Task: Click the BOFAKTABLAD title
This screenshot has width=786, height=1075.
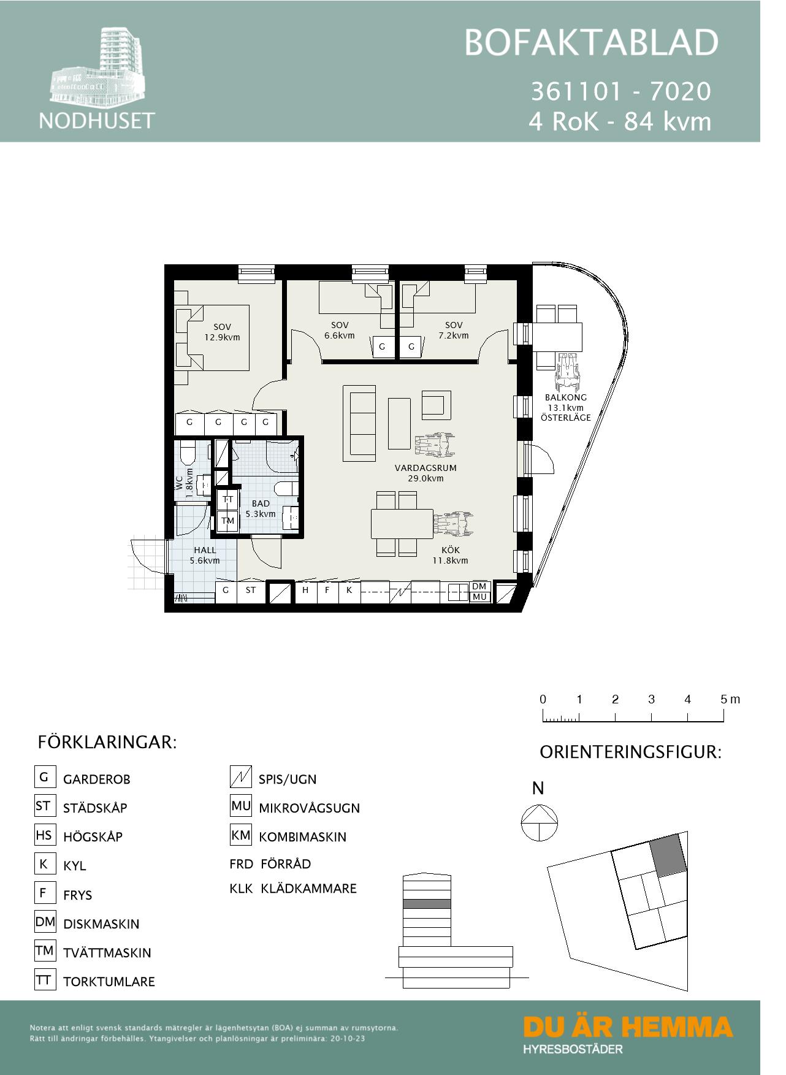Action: (590, 43)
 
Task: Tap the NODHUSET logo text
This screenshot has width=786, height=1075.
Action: (97, 120)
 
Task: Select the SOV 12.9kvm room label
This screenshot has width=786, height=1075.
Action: (222, 332)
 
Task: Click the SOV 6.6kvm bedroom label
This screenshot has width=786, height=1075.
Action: (339, 330)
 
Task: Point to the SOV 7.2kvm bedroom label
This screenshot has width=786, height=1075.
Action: (453, 330)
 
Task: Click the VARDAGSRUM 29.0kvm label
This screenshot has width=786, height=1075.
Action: (425, 473)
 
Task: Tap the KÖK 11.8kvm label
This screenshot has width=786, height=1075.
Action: (450, 555)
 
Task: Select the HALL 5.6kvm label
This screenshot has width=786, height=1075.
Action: (205, 555)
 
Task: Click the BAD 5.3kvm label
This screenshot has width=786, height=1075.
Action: (261, 508)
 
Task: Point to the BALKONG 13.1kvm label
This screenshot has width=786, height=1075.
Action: (565, 407)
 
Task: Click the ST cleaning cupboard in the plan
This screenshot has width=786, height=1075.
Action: (251, 591)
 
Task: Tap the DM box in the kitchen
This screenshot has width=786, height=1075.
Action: (479, 587)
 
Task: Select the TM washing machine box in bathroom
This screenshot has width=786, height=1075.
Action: (228, 521)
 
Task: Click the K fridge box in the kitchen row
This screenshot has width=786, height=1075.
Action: (349, 591)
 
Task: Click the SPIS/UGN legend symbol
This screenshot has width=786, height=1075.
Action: (240, 778)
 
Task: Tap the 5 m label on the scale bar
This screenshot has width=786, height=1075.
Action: (730, 699)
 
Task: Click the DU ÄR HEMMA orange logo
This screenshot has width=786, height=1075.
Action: (628, 1027)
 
